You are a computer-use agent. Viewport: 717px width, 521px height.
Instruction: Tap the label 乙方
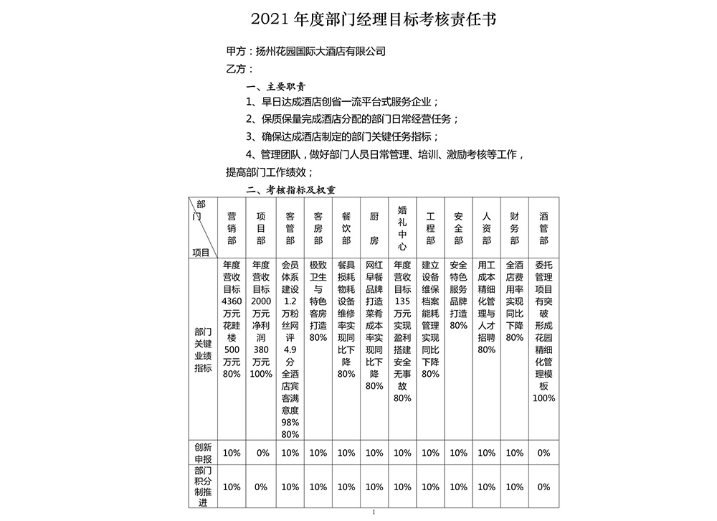click(x=239, y=69)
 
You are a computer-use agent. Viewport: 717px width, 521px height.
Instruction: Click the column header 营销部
click(x=232, y=227)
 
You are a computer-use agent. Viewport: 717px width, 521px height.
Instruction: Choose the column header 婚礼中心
click(x=402, y=227)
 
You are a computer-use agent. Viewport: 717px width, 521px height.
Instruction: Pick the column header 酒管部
click(x=543, y=227)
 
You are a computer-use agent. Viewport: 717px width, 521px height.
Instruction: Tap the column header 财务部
click(x=515, y=227)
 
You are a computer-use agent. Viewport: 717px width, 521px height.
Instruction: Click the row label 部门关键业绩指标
click(x=203, y=349)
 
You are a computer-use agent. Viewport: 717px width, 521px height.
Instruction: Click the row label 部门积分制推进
click(x=203, y=486)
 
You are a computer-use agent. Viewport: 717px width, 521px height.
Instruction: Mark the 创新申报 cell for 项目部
click(x=261, y=453)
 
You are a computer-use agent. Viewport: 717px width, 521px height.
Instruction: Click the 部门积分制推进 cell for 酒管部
click(x=543, y=487)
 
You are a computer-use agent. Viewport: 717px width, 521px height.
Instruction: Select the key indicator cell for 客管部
click(x=290, y=349)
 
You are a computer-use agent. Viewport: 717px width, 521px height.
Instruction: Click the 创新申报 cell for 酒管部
click(x=543, y=453)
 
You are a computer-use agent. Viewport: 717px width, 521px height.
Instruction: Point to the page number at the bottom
click(x=374, y=512)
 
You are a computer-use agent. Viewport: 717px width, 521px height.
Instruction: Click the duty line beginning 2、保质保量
click(x=351, y=119)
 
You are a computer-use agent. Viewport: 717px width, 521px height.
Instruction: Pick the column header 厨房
click(x=374, y=227)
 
